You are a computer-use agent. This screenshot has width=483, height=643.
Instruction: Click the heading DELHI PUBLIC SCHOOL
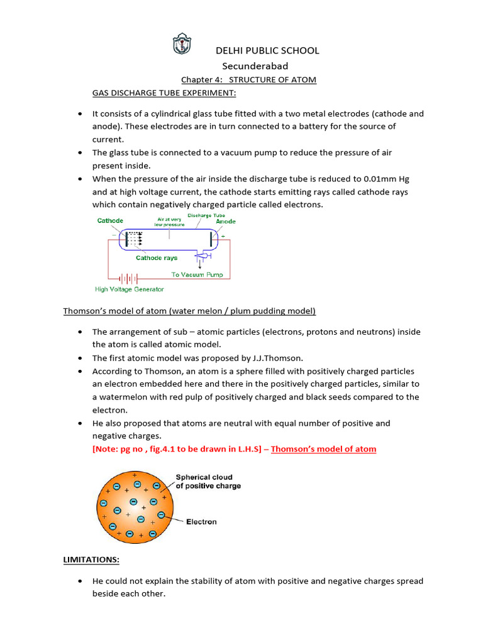267,50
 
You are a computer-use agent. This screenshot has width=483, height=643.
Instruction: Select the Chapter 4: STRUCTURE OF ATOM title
248,80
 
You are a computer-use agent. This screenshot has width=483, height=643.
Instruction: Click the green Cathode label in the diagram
110,220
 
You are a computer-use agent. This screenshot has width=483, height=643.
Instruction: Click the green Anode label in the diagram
226,221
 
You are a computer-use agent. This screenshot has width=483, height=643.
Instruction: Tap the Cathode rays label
157,257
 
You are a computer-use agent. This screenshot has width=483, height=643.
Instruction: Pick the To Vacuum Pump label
197,274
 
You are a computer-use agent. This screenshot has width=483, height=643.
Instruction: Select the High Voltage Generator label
129,289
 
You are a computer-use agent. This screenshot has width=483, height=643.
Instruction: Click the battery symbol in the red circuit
130,278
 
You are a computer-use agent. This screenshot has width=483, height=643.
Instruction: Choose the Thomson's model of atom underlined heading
189,311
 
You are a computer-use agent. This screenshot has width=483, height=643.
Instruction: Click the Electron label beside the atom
201,522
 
